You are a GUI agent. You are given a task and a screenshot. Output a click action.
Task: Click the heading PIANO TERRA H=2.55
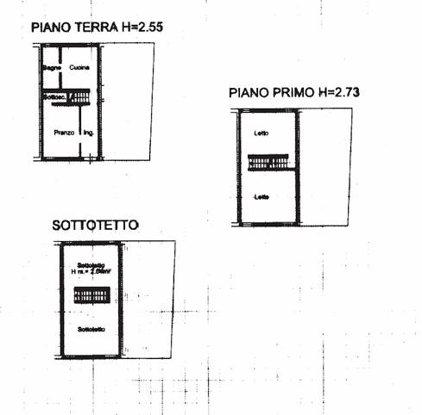pyautogui.click(x=98, y=28)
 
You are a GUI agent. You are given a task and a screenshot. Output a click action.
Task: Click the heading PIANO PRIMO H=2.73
pyautogui.click(x=293, y=91)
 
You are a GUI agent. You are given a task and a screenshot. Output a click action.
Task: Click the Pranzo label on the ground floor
pyautogui.click(x=62, y=133)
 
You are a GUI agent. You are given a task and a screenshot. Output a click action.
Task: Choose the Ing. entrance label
pyautogui.click(x=88, y=133)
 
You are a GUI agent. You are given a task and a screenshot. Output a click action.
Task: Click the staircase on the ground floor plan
pyautogui.click(x=80, y=99)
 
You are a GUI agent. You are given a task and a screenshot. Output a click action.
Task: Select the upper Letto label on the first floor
pyautogui.click(x=261, y=133)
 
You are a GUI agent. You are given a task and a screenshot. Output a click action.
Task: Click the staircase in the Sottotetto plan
pyautogui.click(x=92, y=296)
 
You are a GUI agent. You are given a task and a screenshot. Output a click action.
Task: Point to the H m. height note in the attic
pyautogui.click(x=91, y=272)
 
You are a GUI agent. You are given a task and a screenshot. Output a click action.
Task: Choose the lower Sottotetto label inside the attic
pyautogui.click(x=91, y=330)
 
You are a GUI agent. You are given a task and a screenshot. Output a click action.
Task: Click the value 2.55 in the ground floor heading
pyautogui.click(x=148, y=28)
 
